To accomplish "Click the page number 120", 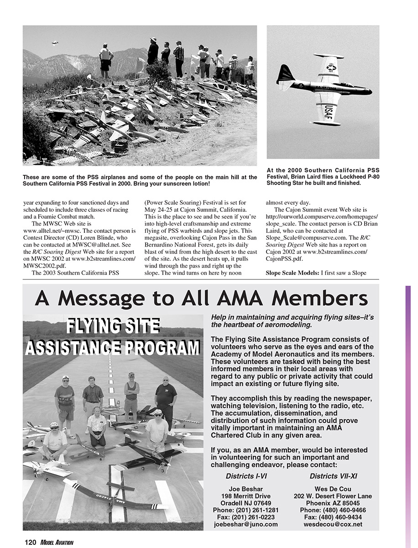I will pyautogui.click(x=30, y=542).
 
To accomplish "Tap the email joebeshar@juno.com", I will pyautogui.click(x=246, y=524).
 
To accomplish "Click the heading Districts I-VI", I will pyautogui.click(x=246, y=476).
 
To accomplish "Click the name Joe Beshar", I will pyautogui.click(x=246, y=489).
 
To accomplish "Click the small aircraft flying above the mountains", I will pyautogui.click(x=55, y=43).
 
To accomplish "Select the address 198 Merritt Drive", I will pyautogui.click(x=246, y=496).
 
